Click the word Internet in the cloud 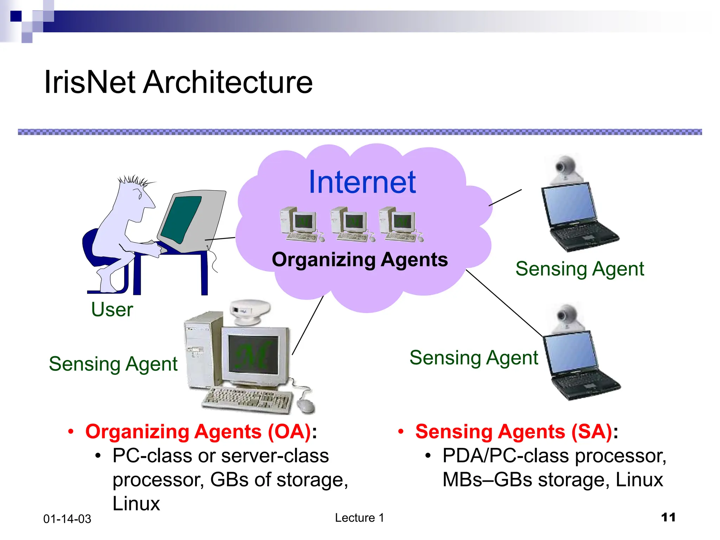pos(362,182)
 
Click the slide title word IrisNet pos(90,82)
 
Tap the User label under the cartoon pos(112,310)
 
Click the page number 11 pos(668,517)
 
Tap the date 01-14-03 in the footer pos(67,519)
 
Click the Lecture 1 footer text pos(359,518)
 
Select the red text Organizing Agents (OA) pos(198,432)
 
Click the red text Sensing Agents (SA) pos(514,432)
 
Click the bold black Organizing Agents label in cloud pos(360,260)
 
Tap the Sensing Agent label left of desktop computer pos(113,364)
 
